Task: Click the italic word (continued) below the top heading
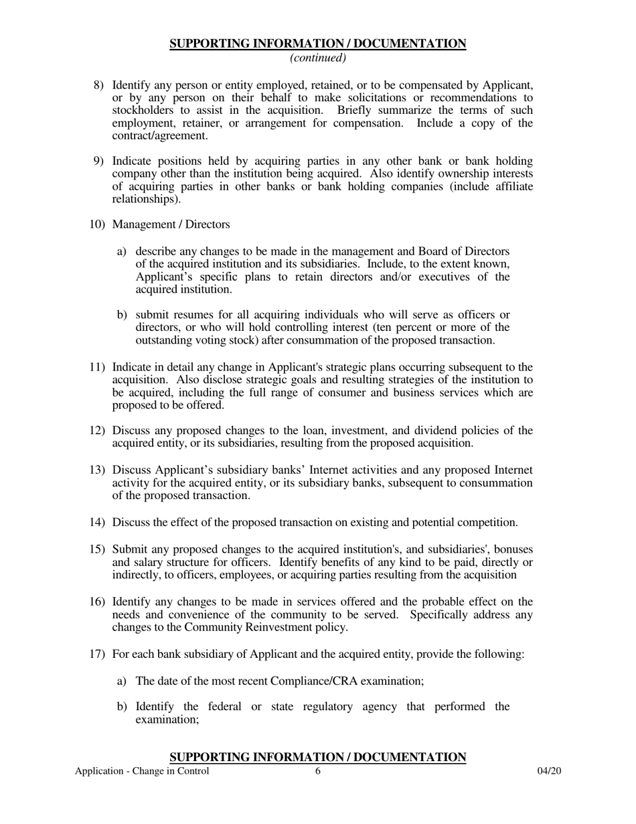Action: (x=317, y=58)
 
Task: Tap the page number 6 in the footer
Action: (x=318, y=771)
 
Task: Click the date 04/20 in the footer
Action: (x=548, y=771)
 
